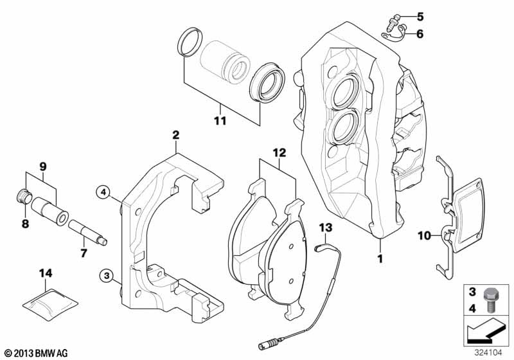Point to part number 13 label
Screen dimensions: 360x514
pos(325,228)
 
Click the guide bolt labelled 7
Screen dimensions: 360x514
pos(89,231)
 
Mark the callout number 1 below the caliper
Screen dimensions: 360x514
pos(379,258)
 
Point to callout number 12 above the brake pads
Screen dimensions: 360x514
pos(278,152)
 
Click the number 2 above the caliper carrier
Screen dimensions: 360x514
pos(175,135)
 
